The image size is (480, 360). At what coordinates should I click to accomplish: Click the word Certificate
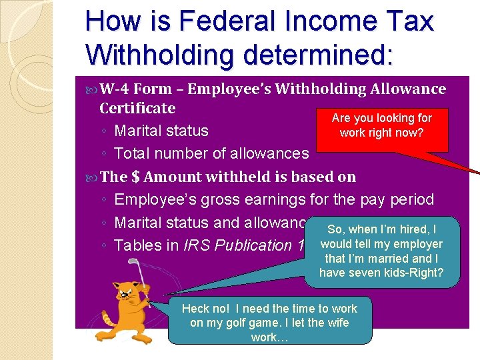coord(137,108)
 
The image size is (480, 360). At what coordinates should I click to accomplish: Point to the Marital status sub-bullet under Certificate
coord(161,131)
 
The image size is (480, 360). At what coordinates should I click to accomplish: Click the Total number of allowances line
coord(211,153)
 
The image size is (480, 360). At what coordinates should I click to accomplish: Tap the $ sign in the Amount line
coord(136,177)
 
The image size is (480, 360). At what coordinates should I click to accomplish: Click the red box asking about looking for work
coord(382,125)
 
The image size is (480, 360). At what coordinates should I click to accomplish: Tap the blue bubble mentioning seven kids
coord(381,251)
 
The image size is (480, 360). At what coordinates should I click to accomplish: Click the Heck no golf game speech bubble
coord(269,323)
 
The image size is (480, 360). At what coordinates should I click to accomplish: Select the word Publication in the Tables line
coord(253,245)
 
